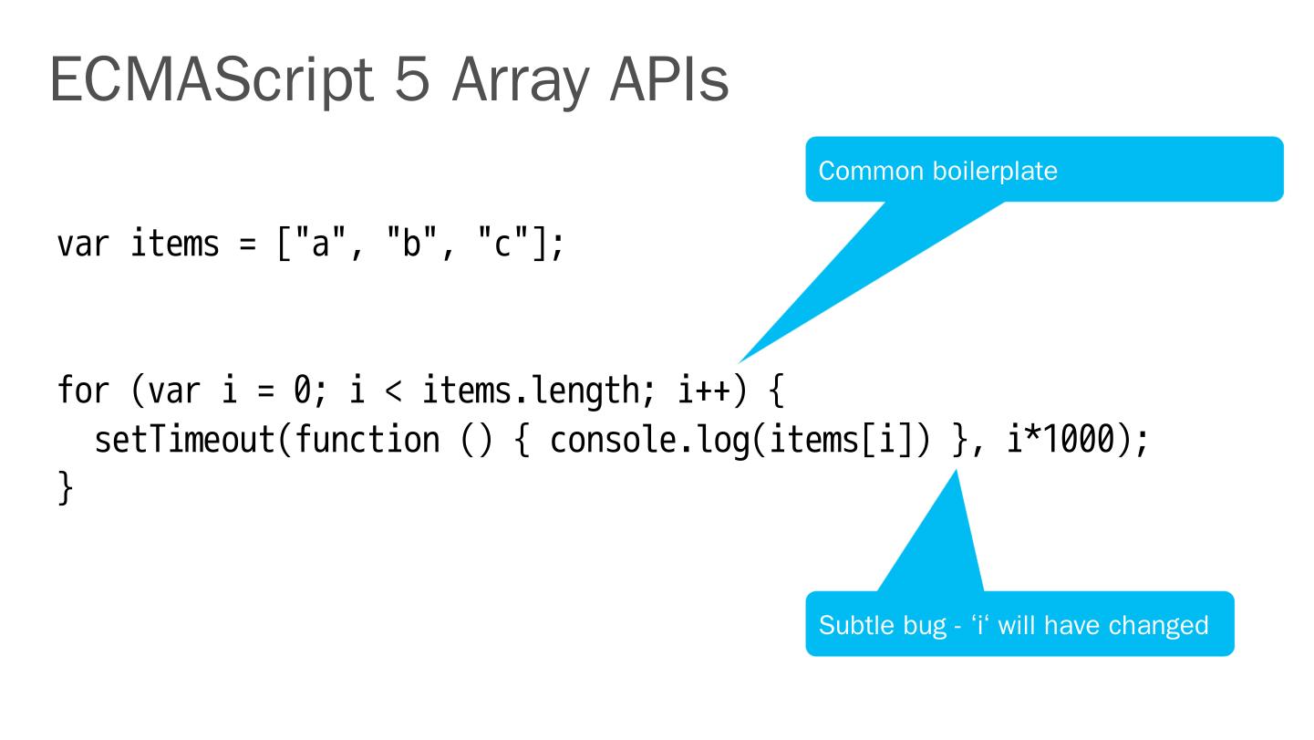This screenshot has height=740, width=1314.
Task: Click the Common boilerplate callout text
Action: click(x=938, y=172)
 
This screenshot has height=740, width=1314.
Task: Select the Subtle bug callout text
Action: click(x=1013, y=626)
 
